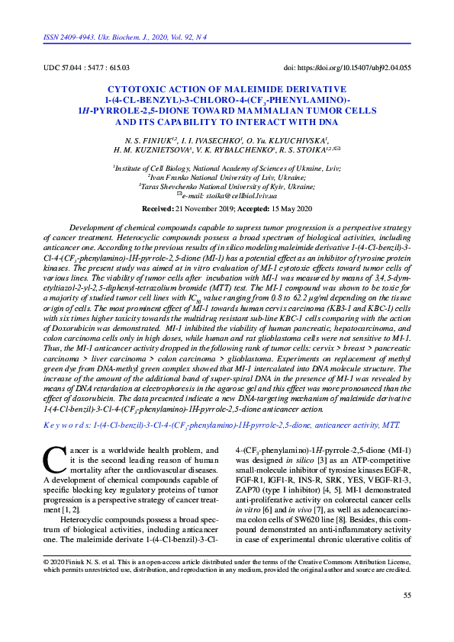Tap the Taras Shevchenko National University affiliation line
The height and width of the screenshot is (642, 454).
(x=227, y=185)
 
